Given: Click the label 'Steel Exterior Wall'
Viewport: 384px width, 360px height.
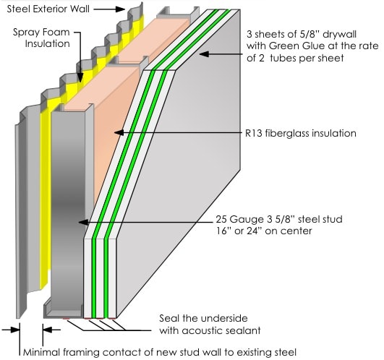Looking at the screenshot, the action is tap(48, 9).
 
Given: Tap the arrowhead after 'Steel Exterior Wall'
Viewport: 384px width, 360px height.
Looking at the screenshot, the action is tap(120, 9).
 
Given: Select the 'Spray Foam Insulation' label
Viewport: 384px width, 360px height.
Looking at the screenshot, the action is tap(41, 38).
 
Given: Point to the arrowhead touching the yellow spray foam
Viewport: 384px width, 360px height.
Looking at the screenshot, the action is tap(80, 77).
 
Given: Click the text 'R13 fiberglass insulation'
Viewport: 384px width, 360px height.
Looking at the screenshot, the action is tap(301, 134).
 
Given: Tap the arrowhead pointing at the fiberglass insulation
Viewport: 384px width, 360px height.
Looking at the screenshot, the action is tap(119, 132).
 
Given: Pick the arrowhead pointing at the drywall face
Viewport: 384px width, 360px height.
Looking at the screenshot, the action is tap(204, 53).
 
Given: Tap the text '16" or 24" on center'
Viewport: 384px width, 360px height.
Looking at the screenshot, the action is tap(264, 231).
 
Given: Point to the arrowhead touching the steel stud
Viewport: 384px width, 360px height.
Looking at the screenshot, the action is tap(83, 222).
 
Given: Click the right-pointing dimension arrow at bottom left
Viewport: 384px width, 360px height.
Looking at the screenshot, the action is tap(11, 330).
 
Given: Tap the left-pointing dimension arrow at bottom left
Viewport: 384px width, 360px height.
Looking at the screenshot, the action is tap(51, 330).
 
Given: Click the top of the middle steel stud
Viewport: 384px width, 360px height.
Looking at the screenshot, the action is tap(128, 61).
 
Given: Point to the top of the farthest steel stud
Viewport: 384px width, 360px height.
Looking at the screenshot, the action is tap(178, 13).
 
